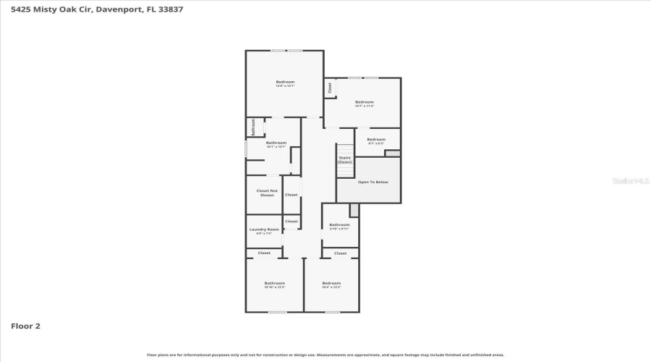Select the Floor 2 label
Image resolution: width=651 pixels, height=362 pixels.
25,326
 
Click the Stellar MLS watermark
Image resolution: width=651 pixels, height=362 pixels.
631,181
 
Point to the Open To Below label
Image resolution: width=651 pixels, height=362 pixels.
373,182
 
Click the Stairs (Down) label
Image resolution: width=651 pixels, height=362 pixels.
344,159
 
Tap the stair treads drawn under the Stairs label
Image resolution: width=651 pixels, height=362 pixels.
344,171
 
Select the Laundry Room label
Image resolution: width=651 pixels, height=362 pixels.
264,231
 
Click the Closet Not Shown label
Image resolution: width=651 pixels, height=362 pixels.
267,193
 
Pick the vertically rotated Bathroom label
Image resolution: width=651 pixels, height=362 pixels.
254,127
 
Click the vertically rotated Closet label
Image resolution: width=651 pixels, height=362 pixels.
331,88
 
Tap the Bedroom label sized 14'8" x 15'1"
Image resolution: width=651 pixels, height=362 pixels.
285,83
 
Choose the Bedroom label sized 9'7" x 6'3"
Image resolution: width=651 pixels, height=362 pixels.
376,140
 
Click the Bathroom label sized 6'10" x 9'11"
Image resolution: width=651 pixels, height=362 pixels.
339,226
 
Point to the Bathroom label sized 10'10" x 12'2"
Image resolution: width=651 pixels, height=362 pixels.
274,285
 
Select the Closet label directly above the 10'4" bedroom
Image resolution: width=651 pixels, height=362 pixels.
340,253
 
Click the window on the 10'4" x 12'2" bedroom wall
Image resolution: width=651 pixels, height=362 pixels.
332,312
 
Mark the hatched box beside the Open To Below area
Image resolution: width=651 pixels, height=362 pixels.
392,153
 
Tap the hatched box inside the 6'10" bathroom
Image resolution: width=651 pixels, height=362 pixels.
354,210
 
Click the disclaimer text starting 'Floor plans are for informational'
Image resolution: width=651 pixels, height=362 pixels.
325,355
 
